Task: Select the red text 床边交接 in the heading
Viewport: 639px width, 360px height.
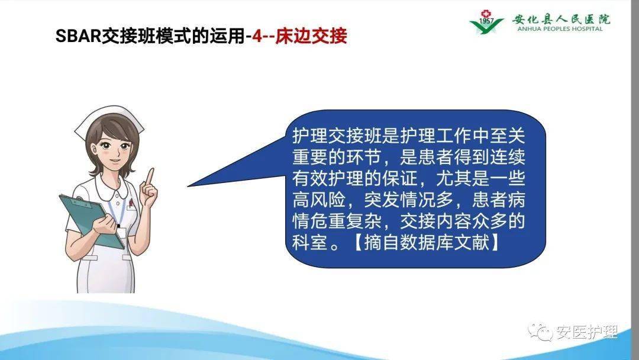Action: tap(313, 37)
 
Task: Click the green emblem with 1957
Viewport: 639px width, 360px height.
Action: tap(486, 22)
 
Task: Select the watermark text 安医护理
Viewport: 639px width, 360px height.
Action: tap(586, 332)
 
